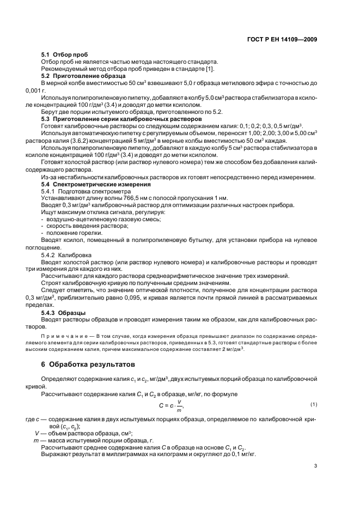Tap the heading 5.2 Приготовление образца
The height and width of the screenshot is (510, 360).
81,76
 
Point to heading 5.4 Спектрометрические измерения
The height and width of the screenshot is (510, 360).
92,185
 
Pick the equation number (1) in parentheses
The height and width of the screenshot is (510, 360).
313,404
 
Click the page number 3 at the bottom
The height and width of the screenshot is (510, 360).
315,465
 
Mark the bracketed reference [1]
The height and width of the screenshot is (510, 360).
210,69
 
